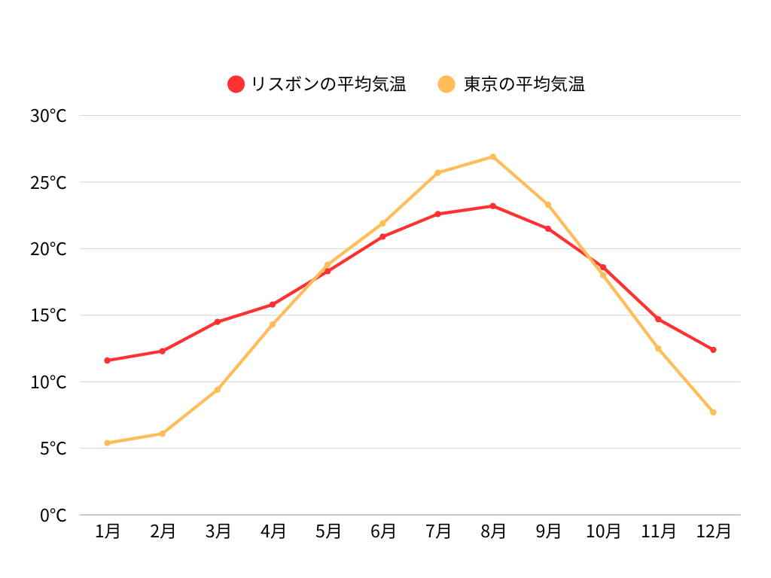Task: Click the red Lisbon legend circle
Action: (x=236, y=84)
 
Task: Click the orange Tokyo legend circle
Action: (x=447, y=84)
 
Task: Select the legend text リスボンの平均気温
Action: (x=328, y=84)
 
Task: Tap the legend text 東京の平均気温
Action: (x=524, y=84)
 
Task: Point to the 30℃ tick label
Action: (x=48, y=116)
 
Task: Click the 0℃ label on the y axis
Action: (x=53, y=516)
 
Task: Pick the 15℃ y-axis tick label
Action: (x=48, y=315)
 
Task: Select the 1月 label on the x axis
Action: (x=108, y=531)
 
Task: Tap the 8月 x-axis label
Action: (x=493, y=531)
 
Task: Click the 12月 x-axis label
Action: (x=713, y=531)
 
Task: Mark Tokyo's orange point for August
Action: (x=493, y=157)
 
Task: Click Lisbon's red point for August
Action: (x=493, y=205)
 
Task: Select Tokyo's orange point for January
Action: (x=108, y=443)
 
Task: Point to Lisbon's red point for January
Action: (x=108, y=360)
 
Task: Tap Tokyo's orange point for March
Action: (x=218, y=389)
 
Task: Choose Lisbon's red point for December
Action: (x=713, y=349)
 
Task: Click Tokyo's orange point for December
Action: (x=713, y=412)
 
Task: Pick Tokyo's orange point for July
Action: (x=438, y=172)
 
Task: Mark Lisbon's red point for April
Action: (x=273, y=304)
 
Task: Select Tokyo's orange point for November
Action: (x=658, y=348)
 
